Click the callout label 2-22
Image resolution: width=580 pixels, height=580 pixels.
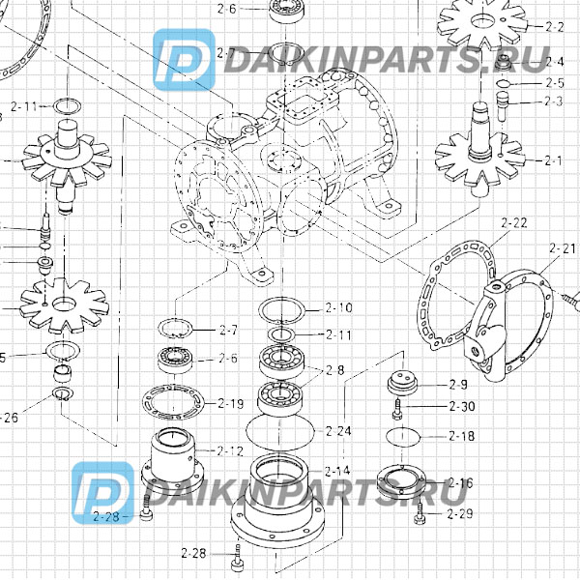[514, 223]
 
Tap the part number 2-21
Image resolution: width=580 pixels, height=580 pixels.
[562, 248]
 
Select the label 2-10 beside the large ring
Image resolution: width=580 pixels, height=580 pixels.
[339, 308]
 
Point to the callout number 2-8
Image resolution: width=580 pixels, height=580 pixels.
[335, 370]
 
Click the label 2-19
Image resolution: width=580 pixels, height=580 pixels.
[230, 403]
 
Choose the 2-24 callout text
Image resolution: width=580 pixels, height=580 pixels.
[339, 430]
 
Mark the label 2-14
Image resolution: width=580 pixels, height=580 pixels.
[336, 471]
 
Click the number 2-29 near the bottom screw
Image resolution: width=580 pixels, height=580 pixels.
[460, 513]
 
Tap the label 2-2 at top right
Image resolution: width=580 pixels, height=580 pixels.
[555, 26]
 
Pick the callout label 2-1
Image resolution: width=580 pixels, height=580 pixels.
[554, 159]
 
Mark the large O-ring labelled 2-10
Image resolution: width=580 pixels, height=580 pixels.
[281, 310]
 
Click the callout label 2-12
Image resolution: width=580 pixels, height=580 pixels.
[230, 450]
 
